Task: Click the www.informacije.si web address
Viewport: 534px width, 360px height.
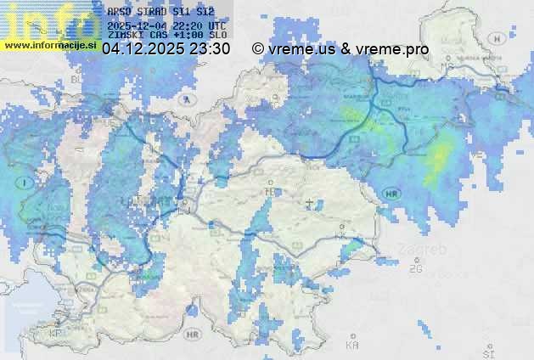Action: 48,45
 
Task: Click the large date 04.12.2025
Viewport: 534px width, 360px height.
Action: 143,49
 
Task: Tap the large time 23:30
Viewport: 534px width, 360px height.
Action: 210,49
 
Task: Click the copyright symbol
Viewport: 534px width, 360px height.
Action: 258,49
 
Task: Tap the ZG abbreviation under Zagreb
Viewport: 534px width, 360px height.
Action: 415,269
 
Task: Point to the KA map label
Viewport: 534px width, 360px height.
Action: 352,346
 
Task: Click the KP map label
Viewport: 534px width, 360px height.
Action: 57,334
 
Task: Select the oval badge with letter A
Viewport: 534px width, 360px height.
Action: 185,99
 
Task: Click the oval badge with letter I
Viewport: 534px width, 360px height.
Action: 26,182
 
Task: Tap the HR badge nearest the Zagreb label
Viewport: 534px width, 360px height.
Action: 391,194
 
